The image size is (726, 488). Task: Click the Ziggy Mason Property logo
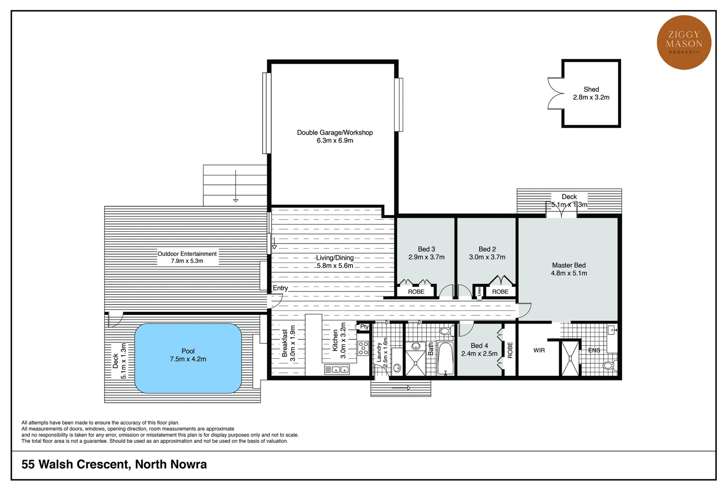[684, 42]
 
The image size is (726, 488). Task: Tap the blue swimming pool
[188, 358]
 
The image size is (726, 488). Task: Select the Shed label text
[591, 89]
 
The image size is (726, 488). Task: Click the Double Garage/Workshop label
[335, 132]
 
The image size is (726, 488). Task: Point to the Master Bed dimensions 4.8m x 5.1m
[569, 273]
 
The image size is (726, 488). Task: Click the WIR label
[539, 350]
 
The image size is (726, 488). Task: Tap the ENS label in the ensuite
[594, 350]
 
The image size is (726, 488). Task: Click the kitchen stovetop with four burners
[363, 348]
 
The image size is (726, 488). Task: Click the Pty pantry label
[364, 326]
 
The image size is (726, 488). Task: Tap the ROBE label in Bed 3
[416, 292]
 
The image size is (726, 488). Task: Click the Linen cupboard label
[479, 291]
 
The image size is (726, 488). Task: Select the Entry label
[280, 288]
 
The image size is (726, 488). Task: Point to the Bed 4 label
[479, 346]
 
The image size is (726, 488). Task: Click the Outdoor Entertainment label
[187, 254]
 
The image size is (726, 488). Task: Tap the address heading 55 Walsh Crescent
[114, 464]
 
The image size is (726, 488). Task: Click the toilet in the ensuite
[609, 365]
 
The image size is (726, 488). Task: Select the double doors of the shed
[555, 94]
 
